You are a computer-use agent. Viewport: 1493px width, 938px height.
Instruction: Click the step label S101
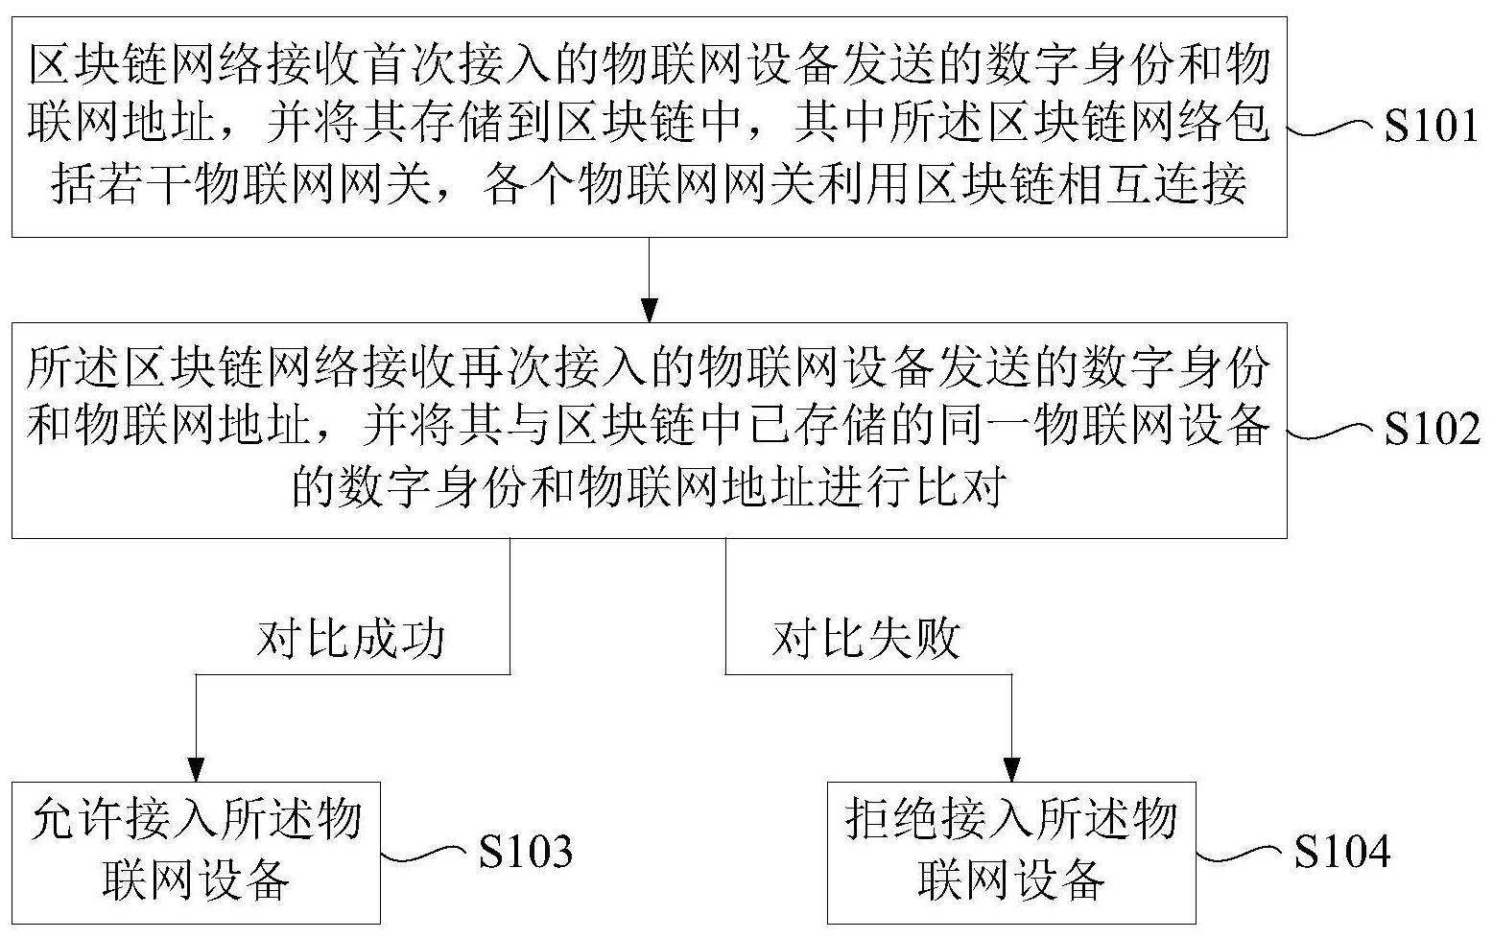1431,126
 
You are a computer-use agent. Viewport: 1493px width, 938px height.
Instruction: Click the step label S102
1433,428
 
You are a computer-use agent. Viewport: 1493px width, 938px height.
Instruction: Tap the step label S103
526,851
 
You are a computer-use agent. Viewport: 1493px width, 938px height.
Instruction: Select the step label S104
1342,851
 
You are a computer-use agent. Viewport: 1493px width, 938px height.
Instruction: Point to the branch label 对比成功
350,639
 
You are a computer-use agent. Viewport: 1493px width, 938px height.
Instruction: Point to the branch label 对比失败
866,639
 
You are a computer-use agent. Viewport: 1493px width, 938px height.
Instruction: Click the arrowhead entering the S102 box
650,310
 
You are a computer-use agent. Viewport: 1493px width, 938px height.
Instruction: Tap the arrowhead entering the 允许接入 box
196,769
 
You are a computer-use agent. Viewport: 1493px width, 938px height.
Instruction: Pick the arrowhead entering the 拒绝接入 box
1011,769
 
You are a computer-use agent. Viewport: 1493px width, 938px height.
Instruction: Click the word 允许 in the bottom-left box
79,819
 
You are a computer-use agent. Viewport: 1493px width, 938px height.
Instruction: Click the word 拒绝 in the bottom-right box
893,819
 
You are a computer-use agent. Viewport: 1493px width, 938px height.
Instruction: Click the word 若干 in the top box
147,184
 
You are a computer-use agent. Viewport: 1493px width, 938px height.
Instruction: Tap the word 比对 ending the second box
960,486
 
